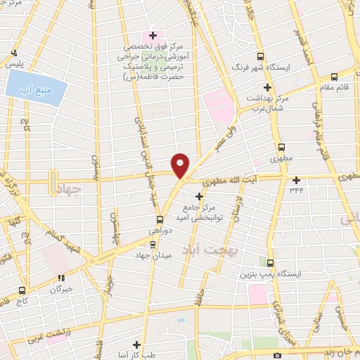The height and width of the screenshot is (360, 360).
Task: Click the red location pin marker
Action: [x=181, y=165]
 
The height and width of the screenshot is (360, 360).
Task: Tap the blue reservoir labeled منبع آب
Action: [x=34, y=89]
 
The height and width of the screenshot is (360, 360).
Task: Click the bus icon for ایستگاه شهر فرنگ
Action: [x=261, y=56]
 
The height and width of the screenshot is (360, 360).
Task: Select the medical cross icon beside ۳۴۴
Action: [x=296, y=180]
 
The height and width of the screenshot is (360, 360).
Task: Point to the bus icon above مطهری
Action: [x=281, y=148]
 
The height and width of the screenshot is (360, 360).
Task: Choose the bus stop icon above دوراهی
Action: [x=160, y=219]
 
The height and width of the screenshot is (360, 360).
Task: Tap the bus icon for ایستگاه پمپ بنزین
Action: [x=269, y=260]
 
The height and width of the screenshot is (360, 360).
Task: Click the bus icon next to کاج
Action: [x=22, y=289]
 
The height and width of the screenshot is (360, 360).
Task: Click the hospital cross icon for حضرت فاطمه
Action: [x=153, y=35]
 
